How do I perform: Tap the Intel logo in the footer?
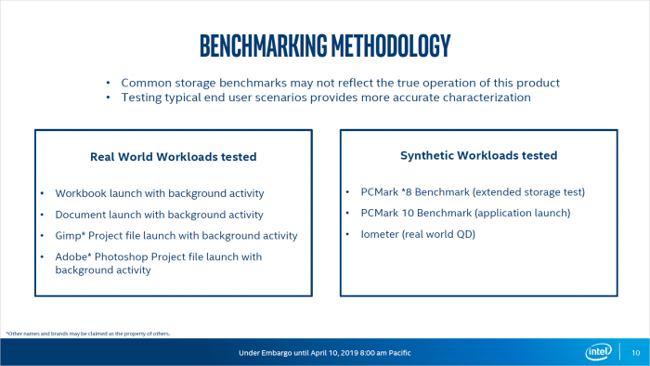(597, 352)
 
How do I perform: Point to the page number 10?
(634, 353)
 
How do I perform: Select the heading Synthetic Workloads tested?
(477, 155)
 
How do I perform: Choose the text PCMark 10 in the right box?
(390, 214)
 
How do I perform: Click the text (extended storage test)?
(529, 192)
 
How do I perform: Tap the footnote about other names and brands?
(88, 333)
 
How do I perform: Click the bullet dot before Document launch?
(43, 215)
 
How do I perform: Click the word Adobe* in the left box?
(75, 256)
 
